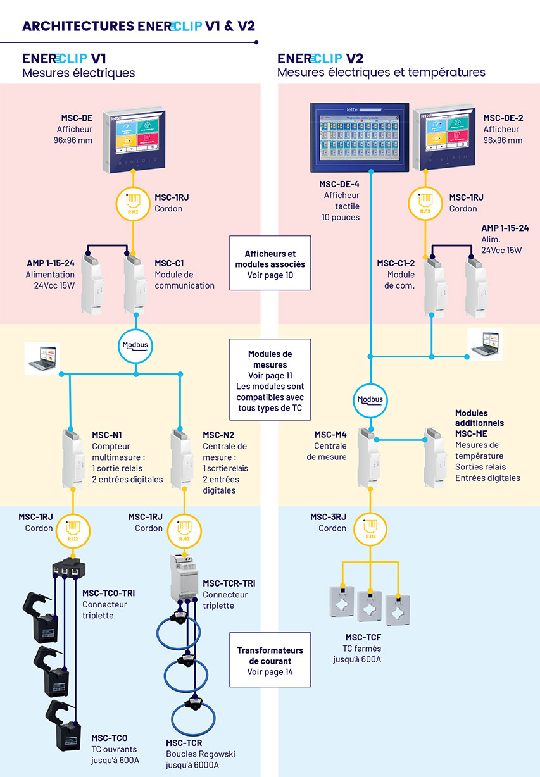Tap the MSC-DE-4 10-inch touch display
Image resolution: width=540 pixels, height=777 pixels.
click(x=359, y=137)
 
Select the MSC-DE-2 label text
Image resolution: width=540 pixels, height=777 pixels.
click(x=503, y=118)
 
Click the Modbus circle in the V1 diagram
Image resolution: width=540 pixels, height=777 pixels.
click(x=136, y=345)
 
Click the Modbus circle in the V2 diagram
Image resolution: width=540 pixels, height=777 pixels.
click(x=370, y=399)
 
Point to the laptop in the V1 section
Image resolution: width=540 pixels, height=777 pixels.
click(x=42, y=359)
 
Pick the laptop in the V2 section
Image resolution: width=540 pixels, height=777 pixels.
click(x=485, y=343)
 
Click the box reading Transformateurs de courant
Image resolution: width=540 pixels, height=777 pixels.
click(x=270, y=661)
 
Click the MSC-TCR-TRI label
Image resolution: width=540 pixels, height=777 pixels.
click(x=229, y=583)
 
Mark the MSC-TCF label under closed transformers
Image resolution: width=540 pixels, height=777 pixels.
click(x=363, y=637)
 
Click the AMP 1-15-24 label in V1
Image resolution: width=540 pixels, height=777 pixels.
click(x=50, y=263)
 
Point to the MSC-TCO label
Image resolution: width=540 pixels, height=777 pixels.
click(x=109, y=738)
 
